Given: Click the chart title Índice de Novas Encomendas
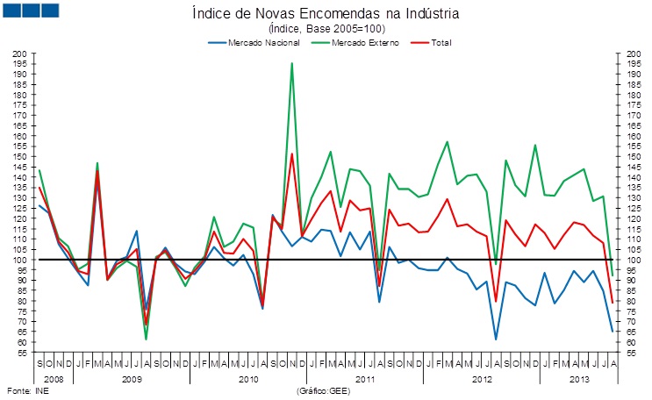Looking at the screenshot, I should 326,14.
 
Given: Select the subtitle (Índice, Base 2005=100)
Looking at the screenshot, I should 326,29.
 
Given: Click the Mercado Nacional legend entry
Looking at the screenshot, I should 255,42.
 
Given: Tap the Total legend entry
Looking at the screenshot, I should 431,42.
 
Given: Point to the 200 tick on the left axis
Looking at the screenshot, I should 20,54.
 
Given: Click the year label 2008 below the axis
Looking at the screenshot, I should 54,378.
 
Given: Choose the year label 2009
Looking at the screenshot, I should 131,378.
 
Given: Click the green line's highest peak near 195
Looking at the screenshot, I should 291,63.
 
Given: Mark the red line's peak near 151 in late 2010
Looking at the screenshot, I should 291,154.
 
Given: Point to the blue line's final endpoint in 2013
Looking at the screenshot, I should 612,331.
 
